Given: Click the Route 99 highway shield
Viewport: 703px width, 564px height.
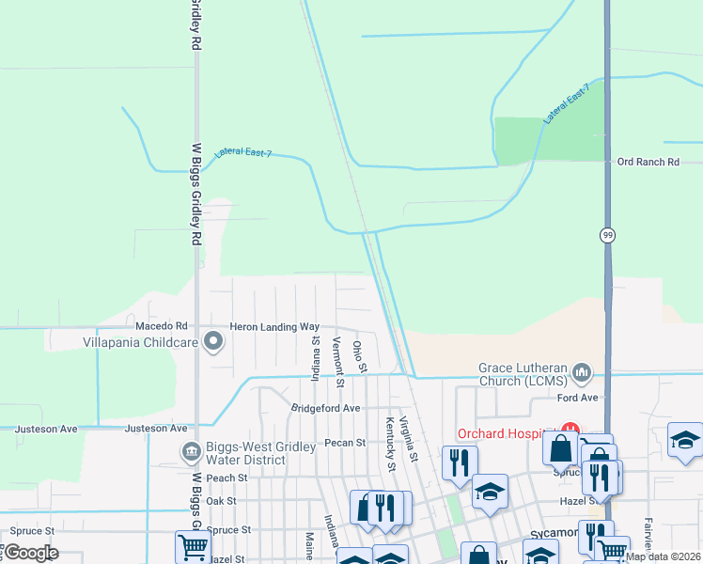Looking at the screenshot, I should [608, 235].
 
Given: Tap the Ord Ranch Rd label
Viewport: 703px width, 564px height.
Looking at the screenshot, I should [648, 163].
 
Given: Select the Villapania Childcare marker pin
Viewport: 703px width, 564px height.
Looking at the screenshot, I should [213, 343].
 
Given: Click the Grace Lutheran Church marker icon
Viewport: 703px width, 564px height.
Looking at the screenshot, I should [582, 374].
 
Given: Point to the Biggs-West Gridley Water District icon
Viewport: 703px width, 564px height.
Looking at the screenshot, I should [192, 453].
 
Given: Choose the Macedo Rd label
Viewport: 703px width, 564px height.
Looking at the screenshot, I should [155, 326].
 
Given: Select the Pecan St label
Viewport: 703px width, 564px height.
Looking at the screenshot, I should [345, 442].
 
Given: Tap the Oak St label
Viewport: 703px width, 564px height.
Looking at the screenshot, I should [221, 501].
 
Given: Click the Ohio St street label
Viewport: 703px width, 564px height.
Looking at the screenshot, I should [359, 355].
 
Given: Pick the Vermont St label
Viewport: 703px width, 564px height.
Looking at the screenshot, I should [338, 363].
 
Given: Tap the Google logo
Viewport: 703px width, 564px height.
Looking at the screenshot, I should [30, 553].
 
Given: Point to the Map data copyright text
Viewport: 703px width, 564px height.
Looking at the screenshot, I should [662, 556].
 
